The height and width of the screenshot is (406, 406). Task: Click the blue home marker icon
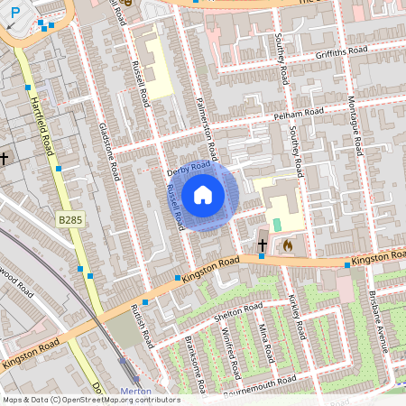coord(203,194)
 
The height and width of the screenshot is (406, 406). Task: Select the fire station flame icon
coord(288,244)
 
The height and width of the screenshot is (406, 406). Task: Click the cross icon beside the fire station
coord(263,245)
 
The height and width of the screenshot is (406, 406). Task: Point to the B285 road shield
coord(69,219)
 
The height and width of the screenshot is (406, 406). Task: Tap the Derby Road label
coord(189,169)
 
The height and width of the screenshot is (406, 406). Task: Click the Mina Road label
coord(263,340)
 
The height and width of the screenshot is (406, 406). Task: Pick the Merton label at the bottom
coord(135,390)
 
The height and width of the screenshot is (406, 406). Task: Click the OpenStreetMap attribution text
coord(90,400)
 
